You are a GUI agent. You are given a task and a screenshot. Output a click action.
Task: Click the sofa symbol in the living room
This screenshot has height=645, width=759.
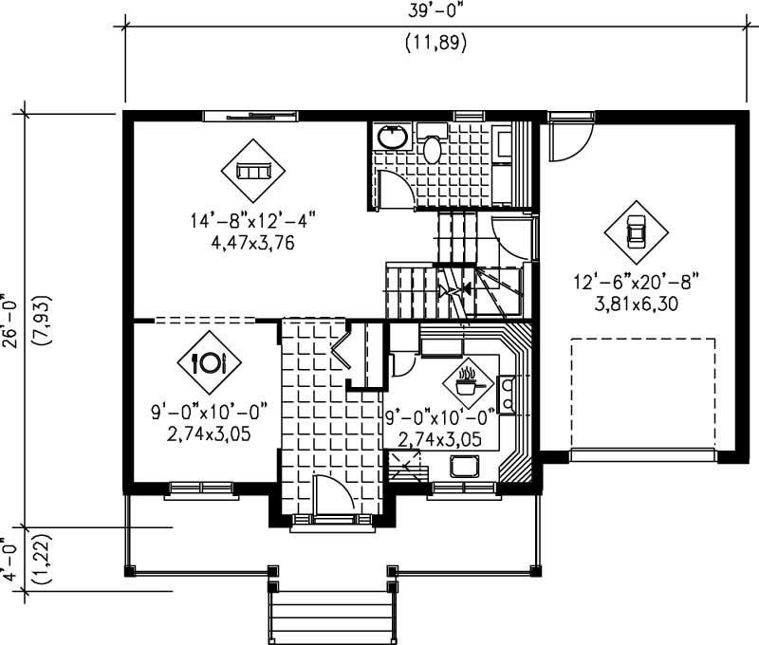click(x=253, y=170)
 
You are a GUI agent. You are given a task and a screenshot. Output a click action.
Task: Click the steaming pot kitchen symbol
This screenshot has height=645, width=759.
click(x=467, y=381)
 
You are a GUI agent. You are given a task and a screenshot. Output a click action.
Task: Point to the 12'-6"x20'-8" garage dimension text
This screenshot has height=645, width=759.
click(x=635, y=283)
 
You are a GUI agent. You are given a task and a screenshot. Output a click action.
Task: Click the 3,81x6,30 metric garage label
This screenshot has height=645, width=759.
click(x=635, y=304)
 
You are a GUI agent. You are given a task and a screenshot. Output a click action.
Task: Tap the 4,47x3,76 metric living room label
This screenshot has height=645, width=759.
click(x=252, y=242)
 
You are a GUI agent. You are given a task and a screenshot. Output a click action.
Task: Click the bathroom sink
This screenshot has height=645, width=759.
click(x=392, y=138)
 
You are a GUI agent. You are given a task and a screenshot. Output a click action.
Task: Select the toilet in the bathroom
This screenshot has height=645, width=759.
click(x=433, y=147)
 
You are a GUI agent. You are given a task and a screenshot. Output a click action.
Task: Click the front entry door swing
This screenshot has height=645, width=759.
click(x=329, y=495)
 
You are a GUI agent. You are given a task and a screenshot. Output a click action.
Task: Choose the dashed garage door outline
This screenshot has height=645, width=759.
click(x=642, y=398)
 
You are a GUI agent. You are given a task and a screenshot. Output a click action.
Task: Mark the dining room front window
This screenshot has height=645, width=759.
click(x=200, y=489)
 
